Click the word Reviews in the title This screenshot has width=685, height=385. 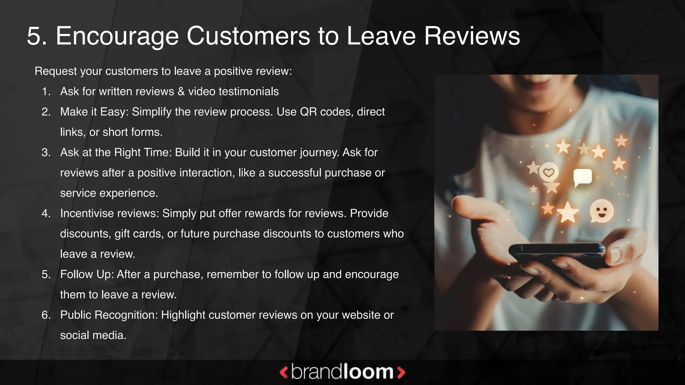472,36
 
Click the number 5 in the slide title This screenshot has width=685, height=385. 36,36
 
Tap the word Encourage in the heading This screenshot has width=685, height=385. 117,36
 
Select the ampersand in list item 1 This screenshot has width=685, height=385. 181,92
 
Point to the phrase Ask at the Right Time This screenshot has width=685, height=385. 116,152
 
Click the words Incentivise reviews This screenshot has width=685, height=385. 110,213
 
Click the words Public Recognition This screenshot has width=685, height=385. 109,315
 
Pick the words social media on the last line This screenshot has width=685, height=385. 93,335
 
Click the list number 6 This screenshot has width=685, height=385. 46,315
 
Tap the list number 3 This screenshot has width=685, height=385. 46,152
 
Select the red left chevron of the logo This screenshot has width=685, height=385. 284,372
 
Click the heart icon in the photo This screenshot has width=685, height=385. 549,172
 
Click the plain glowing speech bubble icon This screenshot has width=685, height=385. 582,177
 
